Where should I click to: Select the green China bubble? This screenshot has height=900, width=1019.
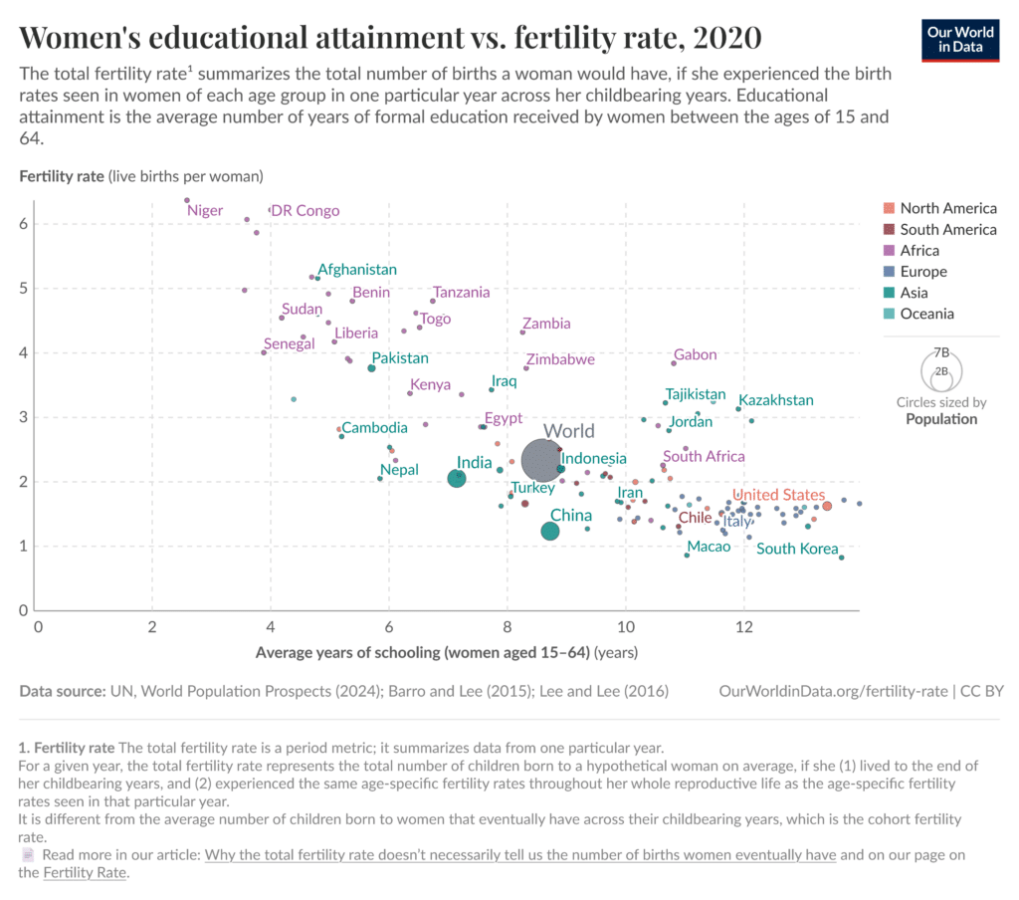[550, 532]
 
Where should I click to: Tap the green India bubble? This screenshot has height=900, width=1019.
[457, 478]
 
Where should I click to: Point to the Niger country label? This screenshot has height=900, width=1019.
[205, 211]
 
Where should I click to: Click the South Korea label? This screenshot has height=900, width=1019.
[797, 549]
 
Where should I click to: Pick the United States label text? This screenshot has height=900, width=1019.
[778, 495]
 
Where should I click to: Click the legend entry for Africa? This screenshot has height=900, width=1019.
[918, 251]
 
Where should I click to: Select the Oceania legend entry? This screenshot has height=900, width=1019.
[926, 314]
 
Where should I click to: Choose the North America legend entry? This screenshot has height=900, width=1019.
[947, 208]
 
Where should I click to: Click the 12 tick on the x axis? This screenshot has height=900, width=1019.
[743, 626]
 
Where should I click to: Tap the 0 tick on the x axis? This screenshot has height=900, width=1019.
[38, 626]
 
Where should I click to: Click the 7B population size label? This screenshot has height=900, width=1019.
[941, 353]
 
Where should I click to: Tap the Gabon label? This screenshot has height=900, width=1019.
[695, 354]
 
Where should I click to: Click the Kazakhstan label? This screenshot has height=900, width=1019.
[775, 400]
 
